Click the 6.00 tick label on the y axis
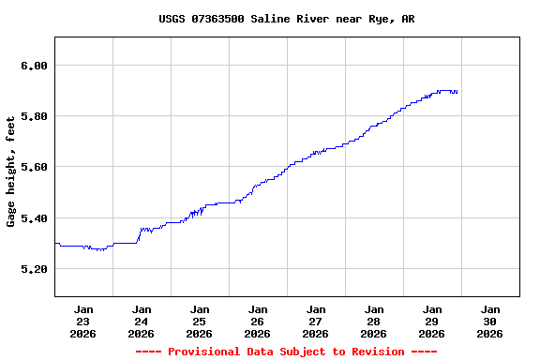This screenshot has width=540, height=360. click(34, 66)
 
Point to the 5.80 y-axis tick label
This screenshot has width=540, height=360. click(34, 116)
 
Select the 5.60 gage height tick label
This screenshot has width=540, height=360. click(34, 167)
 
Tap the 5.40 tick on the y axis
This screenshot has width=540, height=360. click(34, 218)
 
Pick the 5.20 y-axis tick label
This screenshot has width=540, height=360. click(34, 269)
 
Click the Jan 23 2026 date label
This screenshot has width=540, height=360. click(83, 321)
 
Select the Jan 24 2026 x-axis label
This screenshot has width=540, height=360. click(142, 321)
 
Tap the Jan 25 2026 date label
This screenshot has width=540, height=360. click(200, 321)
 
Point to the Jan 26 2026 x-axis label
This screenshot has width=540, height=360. click(258, 321)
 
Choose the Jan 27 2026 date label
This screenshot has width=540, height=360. click(316, 321)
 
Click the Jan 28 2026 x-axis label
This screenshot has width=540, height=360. click(374, 321)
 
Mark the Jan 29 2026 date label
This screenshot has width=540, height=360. click(432, 321)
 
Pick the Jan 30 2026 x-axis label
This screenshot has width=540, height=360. click(490, 321)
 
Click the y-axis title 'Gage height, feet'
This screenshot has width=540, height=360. click(11, 171)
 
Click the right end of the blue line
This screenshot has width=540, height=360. click(457, 92)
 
